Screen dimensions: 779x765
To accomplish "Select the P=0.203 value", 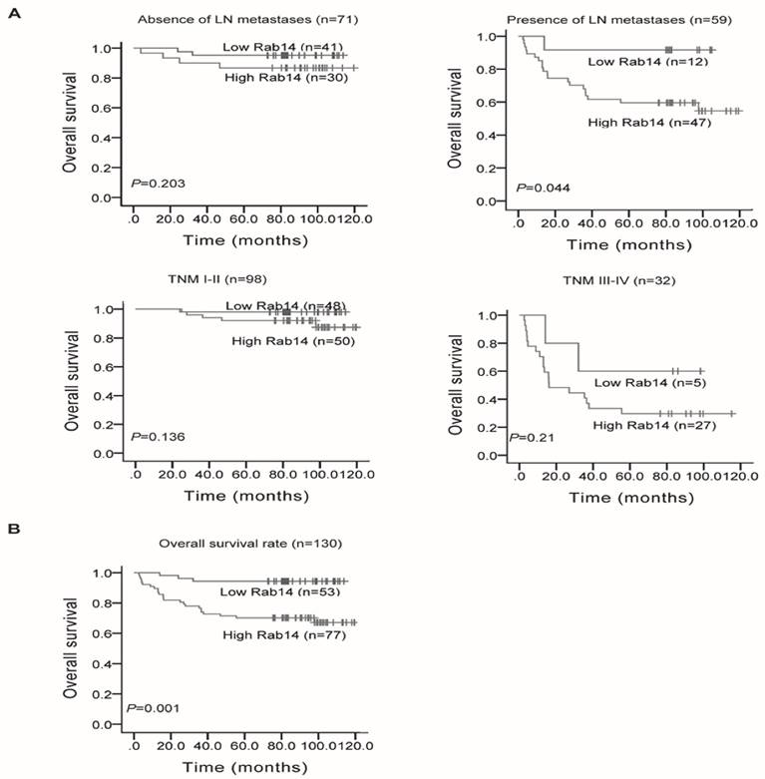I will (152, 184).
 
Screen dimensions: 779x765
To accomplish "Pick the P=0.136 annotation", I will (152, 436).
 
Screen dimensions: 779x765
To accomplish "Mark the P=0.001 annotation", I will (152, 708).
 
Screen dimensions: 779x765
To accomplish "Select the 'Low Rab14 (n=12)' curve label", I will (631, 63).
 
